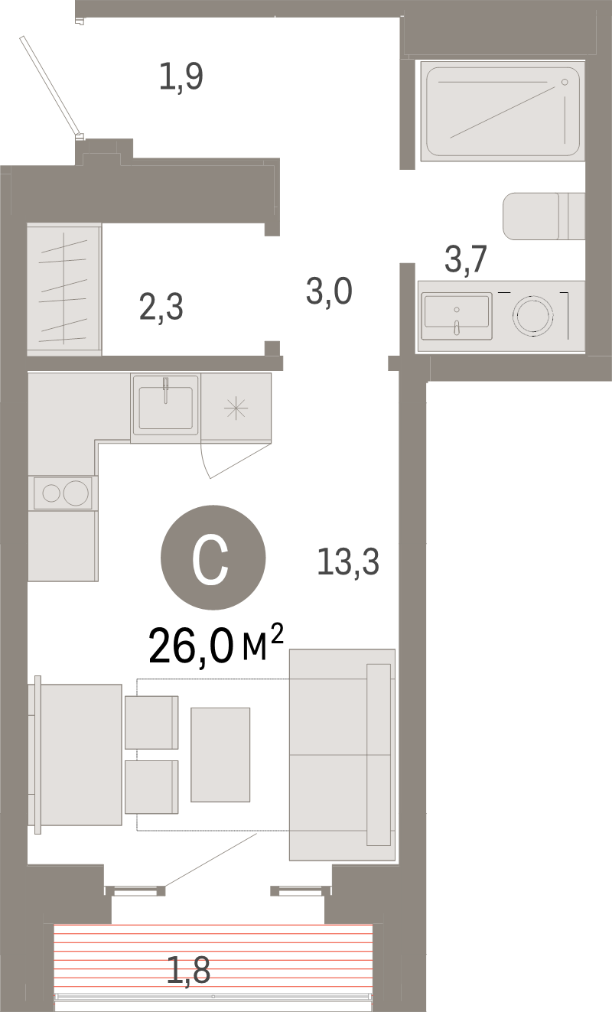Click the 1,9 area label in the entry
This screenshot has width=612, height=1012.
[x=181, y=77]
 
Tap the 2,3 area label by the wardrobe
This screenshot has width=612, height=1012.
[x=161, y=307]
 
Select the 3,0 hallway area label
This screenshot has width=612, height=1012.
[x=329, y=291]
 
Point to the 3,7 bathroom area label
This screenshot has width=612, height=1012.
[x=466, y=259]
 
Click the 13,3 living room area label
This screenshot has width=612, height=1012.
[x=348, y=561]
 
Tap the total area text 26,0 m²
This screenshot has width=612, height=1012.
[x=216, y=645]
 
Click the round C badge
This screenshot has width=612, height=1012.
[x=213, y=558]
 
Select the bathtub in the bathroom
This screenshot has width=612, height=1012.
[x=503, y=111]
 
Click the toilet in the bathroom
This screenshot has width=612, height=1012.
[x=544, y=216]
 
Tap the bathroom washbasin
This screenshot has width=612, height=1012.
[x=457, y=316]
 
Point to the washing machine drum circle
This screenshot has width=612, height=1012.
[x=533, y=315]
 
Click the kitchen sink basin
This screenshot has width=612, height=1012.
[x=165, y=408]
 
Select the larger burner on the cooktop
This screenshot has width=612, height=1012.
[x=76, y=493]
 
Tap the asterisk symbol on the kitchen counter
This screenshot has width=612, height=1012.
[x=236, y=408]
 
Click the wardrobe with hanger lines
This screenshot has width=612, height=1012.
[x=64, y=289]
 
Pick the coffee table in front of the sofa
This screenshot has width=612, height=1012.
[x=220, y=755]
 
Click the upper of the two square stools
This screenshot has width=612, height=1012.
[x=151, y=723]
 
